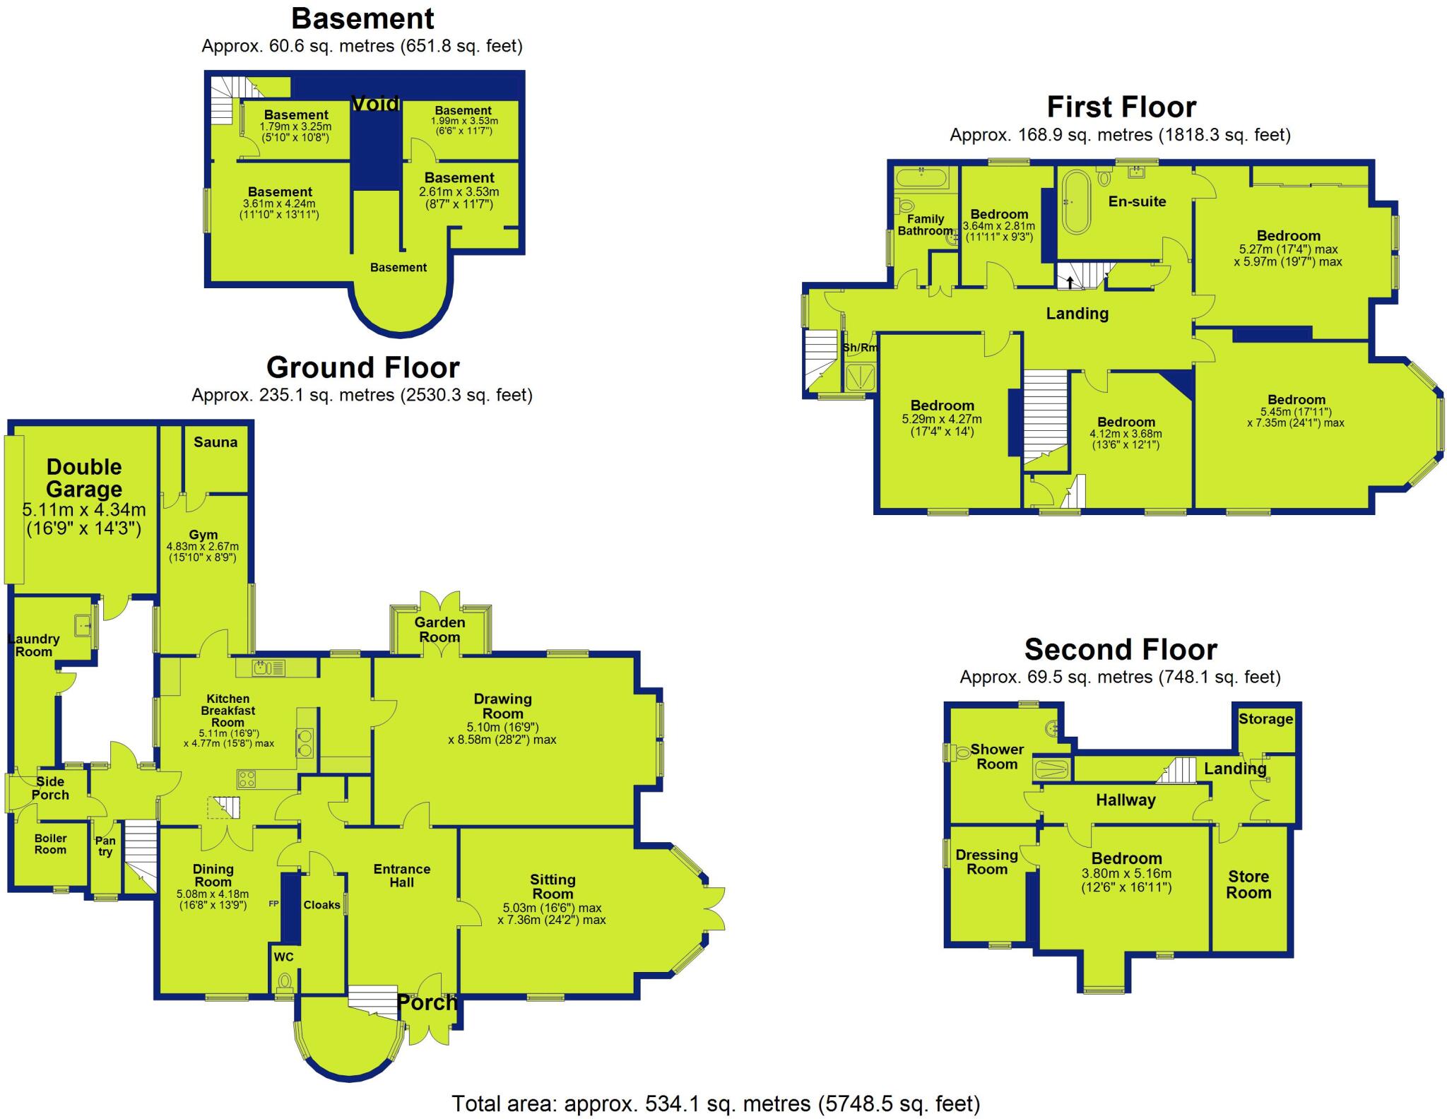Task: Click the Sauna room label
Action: point(215,442)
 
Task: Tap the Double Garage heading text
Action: point(84,478)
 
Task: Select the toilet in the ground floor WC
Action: point(285,981)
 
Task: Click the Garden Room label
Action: point(439,629)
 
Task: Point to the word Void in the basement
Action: point(375,104)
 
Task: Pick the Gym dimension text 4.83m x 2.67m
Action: point(202,547)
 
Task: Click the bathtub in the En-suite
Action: point(1077,201)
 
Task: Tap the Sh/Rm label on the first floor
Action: point(860,348)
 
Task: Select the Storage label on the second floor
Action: point(1265,719)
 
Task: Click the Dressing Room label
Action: point(986,862)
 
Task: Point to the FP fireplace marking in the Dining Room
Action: point(273,904)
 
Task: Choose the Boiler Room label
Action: point(50,844)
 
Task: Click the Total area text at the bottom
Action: point(715,1103)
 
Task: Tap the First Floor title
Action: point(1121,107)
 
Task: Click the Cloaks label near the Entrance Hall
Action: point(321,905)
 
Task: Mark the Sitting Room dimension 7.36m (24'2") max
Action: point(552,920)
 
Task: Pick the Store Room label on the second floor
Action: point(1248,884)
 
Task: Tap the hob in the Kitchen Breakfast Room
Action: point(247,779)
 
